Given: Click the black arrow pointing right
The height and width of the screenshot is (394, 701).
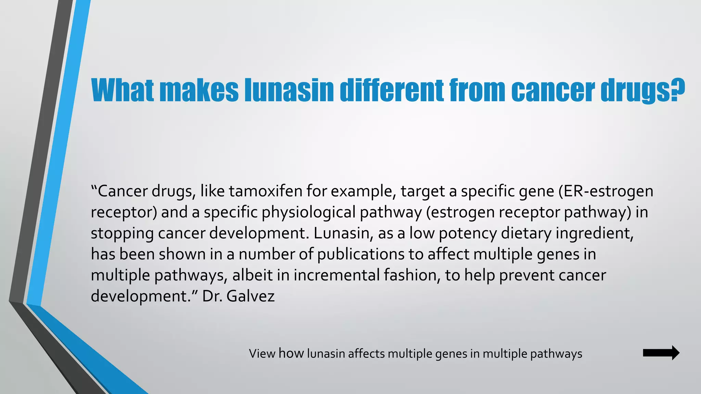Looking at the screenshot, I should pos(661,353).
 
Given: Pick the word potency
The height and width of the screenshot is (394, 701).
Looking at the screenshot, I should pos(468,233).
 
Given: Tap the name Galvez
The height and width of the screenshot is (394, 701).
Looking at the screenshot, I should pos(251,296).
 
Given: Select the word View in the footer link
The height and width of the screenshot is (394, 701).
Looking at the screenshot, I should pos(262,353).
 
